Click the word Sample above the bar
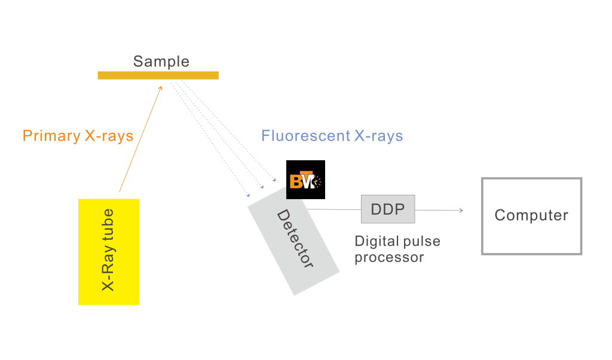[x=161, y=61]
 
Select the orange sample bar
[x=158, y=75]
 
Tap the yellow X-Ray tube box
[x=109, y=251]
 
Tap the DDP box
[x=387, y=209]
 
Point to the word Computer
[x=531, y=215]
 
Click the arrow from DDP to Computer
[x=439, y=210]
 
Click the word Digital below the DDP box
[x=375, y=242]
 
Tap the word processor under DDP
[x=389, y=257]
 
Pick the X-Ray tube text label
[x=109, y=251]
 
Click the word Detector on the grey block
[x=295, y=239]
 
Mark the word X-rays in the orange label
[x=108, y=136]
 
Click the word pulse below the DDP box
[x=420, y=242]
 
